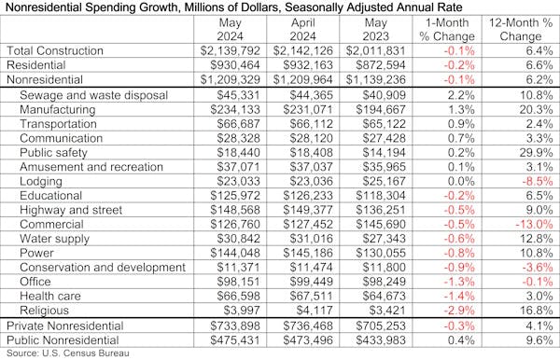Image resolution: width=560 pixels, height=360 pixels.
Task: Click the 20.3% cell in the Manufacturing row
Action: (532, 108)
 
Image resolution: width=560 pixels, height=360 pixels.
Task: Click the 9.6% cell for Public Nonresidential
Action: (535, 339)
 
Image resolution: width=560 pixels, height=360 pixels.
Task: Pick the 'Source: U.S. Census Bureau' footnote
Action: (67, 353)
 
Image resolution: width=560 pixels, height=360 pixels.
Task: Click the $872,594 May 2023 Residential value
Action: (383, 65)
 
